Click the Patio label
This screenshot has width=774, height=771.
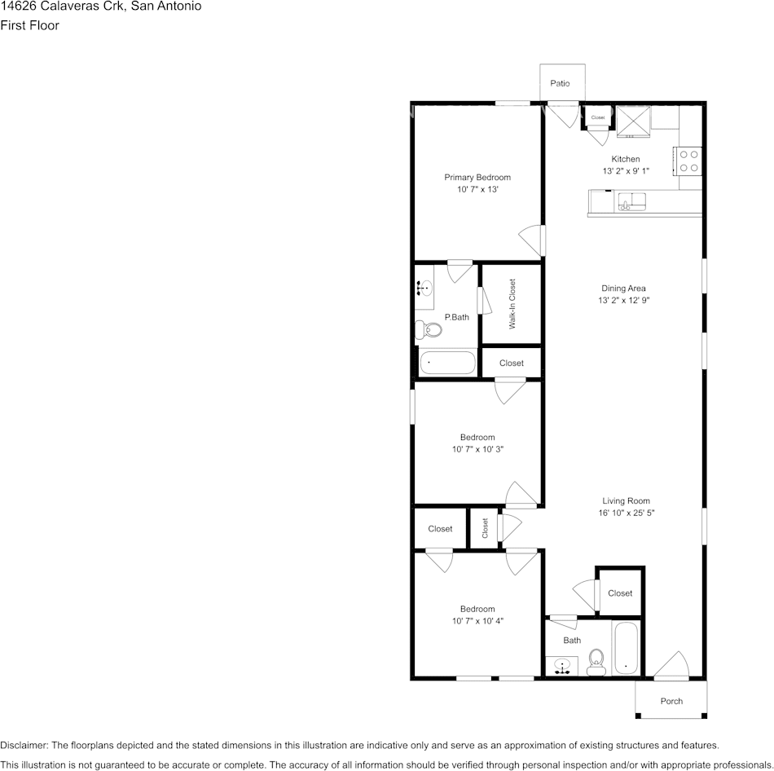[x=560, y=83]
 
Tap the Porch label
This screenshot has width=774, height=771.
[x=671, y=701]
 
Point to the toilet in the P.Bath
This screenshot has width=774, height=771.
[x=428, y=329]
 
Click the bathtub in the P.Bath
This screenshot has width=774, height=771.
[x=448, y=363]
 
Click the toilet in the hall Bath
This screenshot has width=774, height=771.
[x=596, y=663]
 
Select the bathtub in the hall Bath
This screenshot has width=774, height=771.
[x=626, y=647]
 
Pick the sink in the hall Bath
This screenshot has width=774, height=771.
[x=561, y=666]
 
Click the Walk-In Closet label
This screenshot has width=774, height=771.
[x=512, y=304]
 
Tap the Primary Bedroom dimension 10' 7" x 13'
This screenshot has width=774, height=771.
[x=477, y=189]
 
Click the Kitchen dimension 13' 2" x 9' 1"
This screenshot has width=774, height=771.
[x=626, y=171]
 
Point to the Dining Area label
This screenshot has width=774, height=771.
[x=623, y=288]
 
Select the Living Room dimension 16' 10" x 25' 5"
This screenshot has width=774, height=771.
[x=626, y=513]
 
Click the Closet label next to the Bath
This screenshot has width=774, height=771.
[x=620, y=593]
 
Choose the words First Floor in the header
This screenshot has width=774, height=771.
[x=29, y=25]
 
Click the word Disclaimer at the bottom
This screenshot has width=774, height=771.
[x=24, y=745]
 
